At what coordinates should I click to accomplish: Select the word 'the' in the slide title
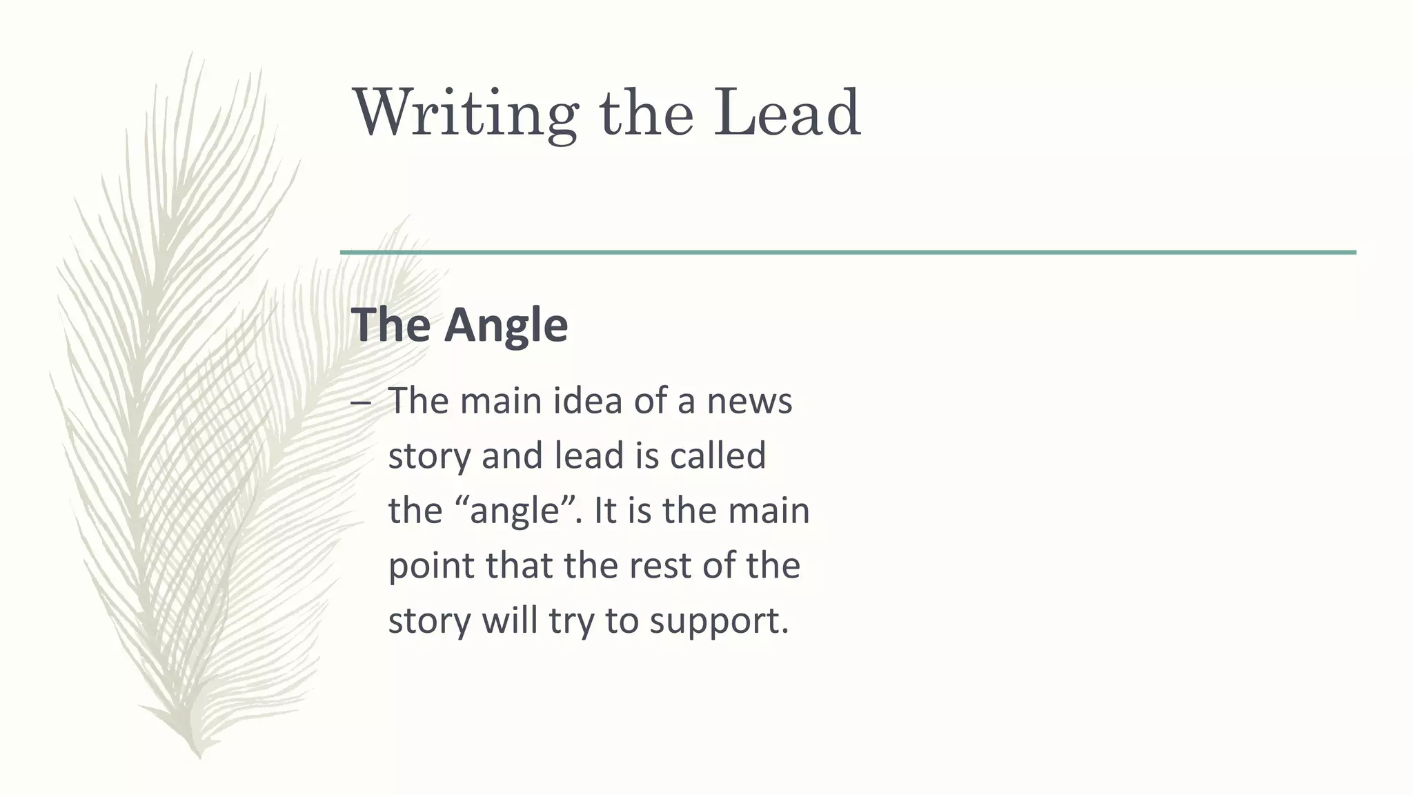click(646, 112)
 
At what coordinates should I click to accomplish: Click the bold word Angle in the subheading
click(506, 324)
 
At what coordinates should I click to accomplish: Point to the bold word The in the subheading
click(391, 324)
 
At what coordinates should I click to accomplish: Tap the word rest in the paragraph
click(661, 566)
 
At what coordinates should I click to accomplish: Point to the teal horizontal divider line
click(848, 253)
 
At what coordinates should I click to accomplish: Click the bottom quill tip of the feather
click(199, 756)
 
